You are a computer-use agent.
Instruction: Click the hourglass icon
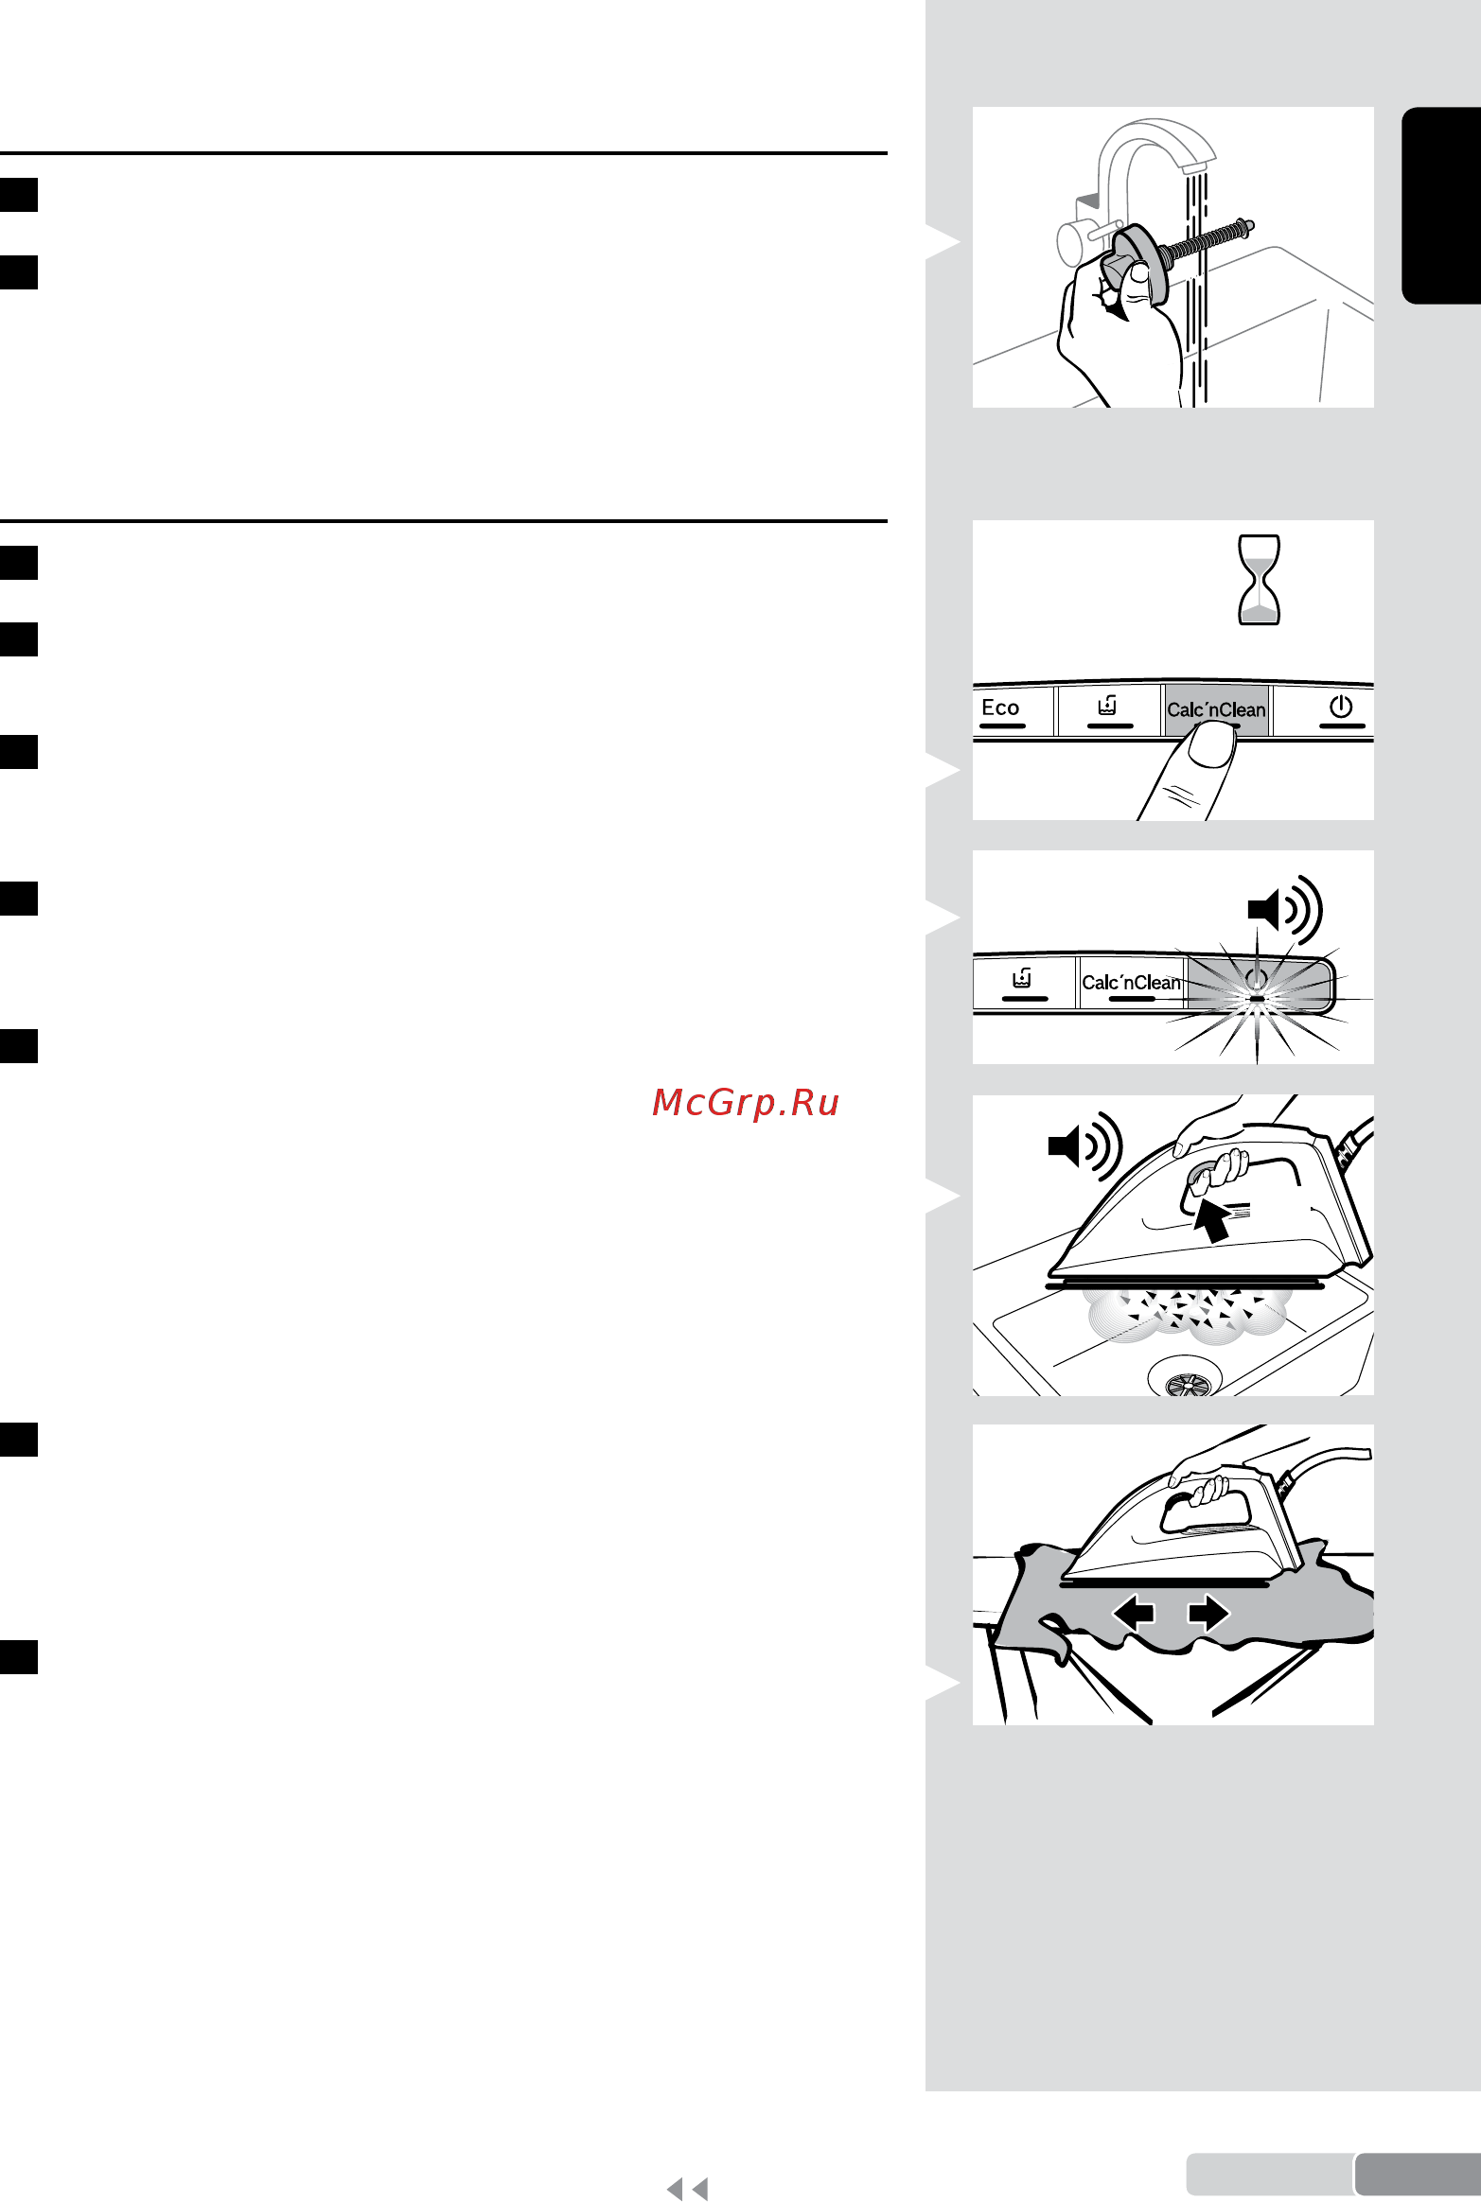click(1260, 580)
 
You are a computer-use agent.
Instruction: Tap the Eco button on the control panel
click(1001, 709)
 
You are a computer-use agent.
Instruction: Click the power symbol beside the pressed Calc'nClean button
click(1340, 708)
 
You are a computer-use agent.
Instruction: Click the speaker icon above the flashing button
click(1284, 910)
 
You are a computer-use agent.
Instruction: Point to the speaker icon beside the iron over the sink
click(1084, 1146)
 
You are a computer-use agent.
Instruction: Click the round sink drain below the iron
click(1186, 1377)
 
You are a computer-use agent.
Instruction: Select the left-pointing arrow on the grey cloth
click(1133, 1612)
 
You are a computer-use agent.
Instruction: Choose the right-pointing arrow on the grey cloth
click(1208, 1612)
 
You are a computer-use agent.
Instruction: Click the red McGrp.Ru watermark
click(746, 1103)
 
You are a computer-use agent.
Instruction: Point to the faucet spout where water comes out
click(1196, 167)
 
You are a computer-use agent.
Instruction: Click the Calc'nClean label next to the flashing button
click(1131, 983)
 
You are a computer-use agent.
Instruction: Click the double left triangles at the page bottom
click(687, 2188)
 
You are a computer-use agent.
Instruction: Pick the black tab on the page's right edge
click(1441, 205)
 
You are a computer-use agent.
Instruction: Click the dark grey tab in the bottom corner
click(1418, 2175)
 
